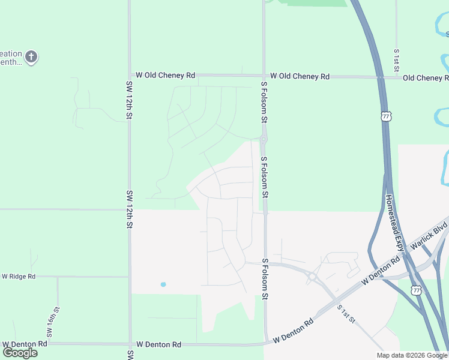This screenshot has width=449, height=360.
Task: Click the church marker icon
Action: [x=31, y=58]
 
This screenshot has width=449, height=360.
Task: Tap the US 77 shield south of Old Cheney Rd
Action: [x=384, y=115]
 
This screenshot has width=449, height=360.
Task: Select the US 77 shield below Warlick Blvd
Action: [x=416, y=290]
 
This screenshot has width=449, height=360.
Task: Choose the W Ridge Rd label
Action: [x=19, y=277]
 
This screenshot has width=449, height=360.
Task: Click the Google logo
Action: [x=20, y=353]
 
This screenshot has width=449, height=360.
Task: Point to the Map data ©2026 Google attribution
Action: [x=412, y=355]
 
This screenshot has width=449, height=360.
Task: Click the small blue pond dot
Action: [x=163, y=284]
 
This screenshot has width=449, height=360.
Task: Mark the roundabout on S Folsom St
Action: [x=263, y=139]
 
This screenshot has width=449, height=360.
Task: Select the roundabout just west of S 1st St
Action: [x=313, y=277]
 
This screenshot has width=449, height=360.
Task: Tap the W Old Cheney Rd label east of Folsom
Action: [x=300, y=76]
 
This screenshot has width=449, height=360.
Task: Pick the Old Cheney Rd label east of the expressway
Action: [x=426, y=78]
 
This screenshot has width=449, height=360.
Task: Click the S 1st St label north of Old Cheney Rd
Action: [x=397, y=58]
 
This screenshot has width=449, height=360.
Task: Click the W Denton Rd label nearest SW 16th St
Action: [x=25, y=344]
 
